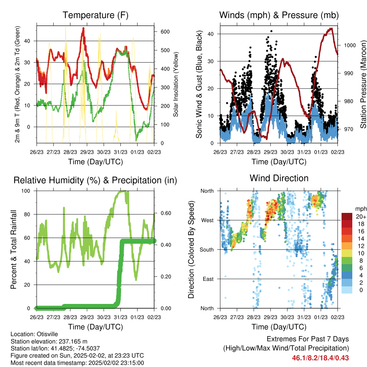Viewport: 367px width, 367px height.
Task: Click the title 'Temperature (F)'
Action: [x=95, y=15]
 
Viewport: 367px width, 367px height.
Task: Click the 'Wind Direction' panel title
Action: [x=279, y=178]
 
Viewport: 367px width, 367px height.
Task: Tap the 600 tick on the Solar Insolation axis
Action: [x=165, y=32]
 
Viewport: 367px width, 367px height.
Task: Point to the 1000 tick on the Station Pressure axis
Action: [x=350, y=45]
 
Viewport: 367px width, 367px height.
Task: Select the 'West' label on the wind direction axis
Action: [x=208, y=220]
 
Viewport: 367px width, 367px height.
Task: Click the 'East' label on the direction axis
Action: [x=208, y=279]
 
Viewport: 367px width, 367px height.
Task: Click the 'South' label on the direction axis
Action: [x=207, y=250]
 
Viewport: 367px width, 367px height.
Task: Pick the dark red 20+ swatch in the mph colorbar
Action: [x=347, y=216]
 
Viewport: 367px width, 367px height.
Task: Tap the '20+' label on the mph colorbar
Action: [x=361, y=217]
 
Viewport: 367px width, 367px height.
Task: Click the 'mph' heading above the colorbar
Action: [x=361, y=209]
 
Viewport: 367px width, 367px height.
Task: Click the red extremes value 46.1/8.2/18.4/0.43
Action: [x=320, y=358]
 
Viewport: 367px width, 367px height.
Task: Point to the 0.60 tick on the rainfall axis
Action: [x=166, y=213]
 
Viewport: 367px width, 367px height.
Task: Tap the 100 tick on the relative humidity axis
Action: [x=26, y=191]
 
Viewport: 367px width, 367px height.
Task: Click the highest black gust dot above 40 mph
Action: [x=271, y=31]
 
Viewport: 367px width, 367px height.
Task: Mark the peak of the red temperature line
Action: [x=83, y=28]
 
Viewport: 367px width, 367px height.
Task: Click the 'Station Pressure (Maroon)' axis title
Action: [x=363, y=84]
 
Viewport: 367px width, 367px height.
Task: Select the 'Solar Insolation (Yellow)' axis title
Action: [x=176, y=84]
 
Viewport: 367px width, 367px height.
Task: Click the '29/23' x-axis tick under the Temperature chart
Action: [x=87, y=152]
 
